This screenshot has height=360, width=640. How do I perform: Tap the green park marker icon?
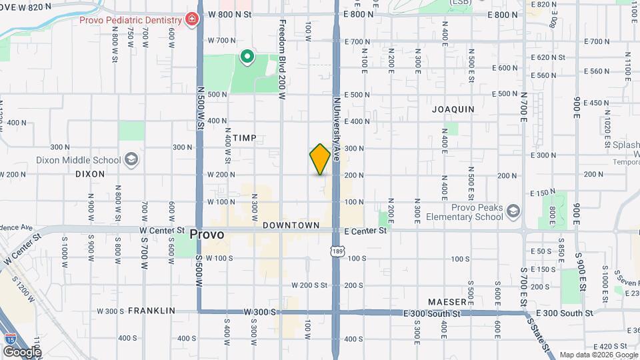pos(247,57)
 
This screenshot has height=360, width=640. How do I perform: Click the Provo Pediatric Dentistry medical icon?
pos(192,19)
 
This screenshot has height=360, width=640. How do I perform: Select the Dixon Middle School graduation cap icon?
pos(131,160)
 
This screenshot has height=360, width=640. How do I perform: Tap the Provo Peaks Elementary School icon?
pos(513,211)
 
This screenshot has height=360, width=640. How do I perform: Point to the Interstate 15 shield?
pos(10,339)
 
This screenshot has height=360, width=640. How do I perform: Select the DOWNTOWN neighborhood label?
pos(291,225)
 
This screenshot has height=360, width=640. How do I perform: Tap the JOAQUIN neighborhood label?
pos(453,109)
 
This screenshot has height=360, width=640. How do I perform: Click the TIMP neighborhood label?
pos(245,138)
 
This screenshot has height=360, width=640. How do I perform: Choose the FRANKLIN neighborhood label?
pos(151,311)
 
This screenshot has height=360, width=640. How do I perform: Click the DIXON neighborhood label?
pos(90,174)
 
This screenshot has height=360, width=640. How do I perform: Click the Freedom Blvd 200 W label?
pos(282,60)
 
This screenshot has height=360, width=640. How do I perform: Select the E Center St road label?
pos(366,231)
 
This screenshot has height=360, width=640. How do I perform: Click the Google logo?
pos(22,351)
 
